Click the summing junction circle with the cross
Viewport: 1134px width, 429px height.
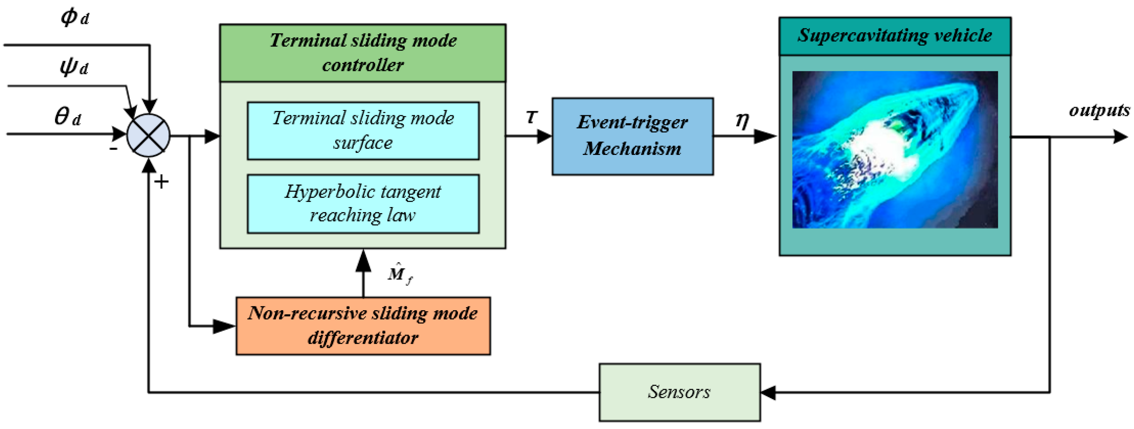(x=148, y=135)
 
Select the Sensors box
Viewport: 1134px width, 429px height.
(x=679, y=392)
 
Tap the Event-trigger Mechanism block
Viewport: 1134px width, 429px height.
(x=633, y=136)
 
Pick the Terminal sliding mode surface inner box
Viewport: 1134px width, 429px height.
(x=363, y=131)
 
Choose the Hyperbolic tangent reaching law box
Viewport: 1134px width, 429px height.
(x=363, y=204)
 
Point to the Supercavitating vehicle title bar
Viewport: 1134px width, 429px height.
(x=895, y=36)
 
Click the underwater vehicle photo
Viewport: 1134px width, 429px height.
(x=895, y=150)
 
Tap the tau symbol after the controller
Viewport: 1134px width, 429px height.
(x=532, y=117)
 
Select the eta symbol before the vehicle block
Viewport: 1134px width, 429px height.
(x=742, y=120)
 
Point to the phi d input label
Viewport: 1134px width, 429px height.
(x=74, y=18)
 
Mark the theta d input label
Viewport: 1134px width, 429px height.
(x=67, y=117)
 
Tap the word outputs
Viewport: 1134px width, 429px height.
(x=1099, y=110)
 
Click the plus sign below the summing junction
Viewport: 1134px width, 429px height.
(x=162, y=182)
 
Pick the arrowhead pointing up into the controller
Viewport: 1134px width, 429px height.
(x=363, y=260)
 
